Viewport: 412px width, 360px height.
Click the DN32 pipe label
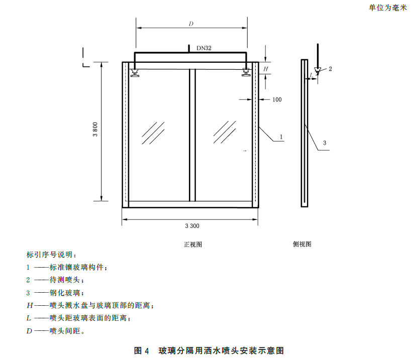(x=204, y=48)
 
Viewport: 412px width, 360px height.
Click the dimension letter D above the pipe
(x=191, y=24)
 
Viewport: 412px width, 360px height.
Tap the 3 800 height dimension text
(x=95, y=129)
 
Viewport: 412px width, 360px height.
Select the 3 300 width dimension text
(x=192, y=226)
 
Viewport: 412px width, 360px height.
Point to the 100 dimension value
(x=277, y=99)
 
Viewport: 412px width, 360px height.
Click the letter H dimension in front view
(x=266, y=69)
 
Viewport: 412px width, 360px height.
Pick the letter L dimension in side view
(x=312, y=75)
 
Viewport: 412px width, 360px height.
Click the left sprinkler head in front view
(x=135, y=73)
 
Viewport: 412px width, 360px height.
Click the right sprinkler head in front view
(x=246, y=72)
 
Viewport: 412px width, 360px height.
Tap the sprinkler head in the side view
(x=318, y=71)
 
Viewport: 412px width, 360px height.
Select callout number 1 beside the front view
(x=281, y=137)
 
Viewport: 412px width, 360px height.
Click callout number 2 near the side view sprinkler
(x=330, y=69)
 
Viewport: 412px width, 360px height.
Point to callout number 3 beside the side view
(x=325, y=143)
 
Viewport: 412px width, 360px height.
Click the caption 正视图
(x=193, y=245)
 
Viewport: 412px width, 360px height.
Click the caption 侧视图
(x=302, y=244)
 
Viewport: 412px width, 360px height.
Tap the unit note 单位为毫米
(x=388, y=8)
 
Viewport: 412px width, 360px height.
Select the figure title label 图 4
(x=141, y=350)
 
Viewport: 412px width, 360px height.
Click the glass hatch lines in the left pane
(x=153, y=133)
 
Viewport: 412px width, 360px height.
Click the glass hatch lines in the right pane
(x=225, y=132)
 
